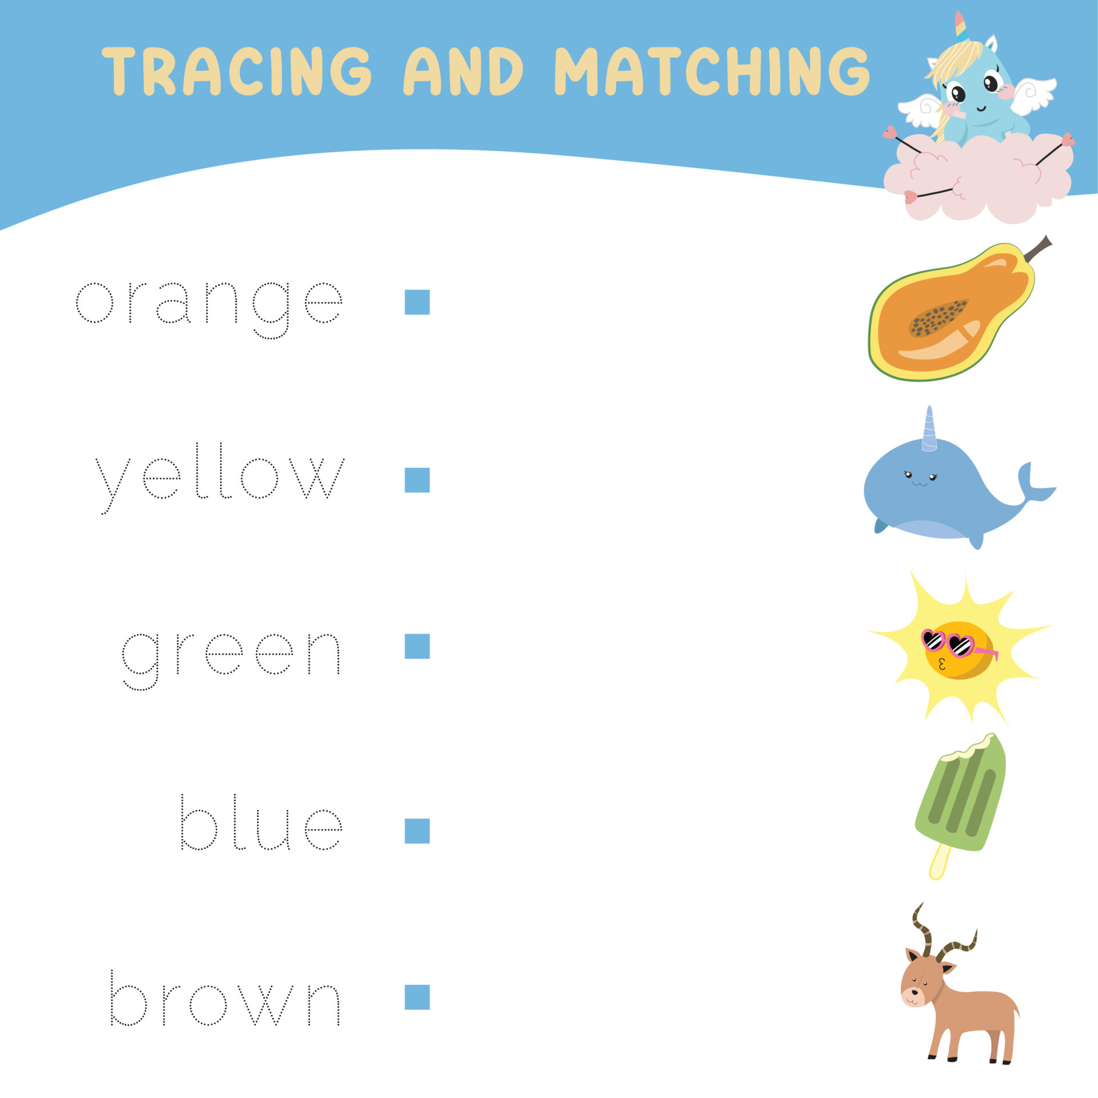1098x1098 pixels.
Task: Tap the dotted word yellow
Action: click(x=220, y=478)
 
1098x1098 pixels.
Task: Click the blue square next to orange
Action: click(x=417, y=302)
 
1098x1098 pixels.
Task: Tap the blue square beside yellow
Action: click(x=417, y=480)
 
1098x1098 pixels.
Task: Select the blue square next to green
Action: click(x=417, y=646)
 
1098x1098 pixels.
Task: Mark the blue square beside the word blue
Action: click(x=417, y=831)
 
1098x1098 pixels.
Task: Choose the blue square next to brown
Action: click(x=417, y=997)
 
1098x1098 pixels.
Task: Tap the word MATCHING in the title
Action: click(x=711, y=71)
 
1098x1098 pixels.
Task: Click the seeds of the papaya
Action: click(x=938, y=317)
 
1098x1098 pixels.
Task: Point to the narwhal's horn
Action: click(x=929, y=429)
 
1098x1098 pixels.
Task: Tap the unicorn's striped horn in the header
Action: click(x=961, y=26)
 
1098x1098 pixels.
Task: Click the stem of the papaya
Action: click(x=1038, y=248)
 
